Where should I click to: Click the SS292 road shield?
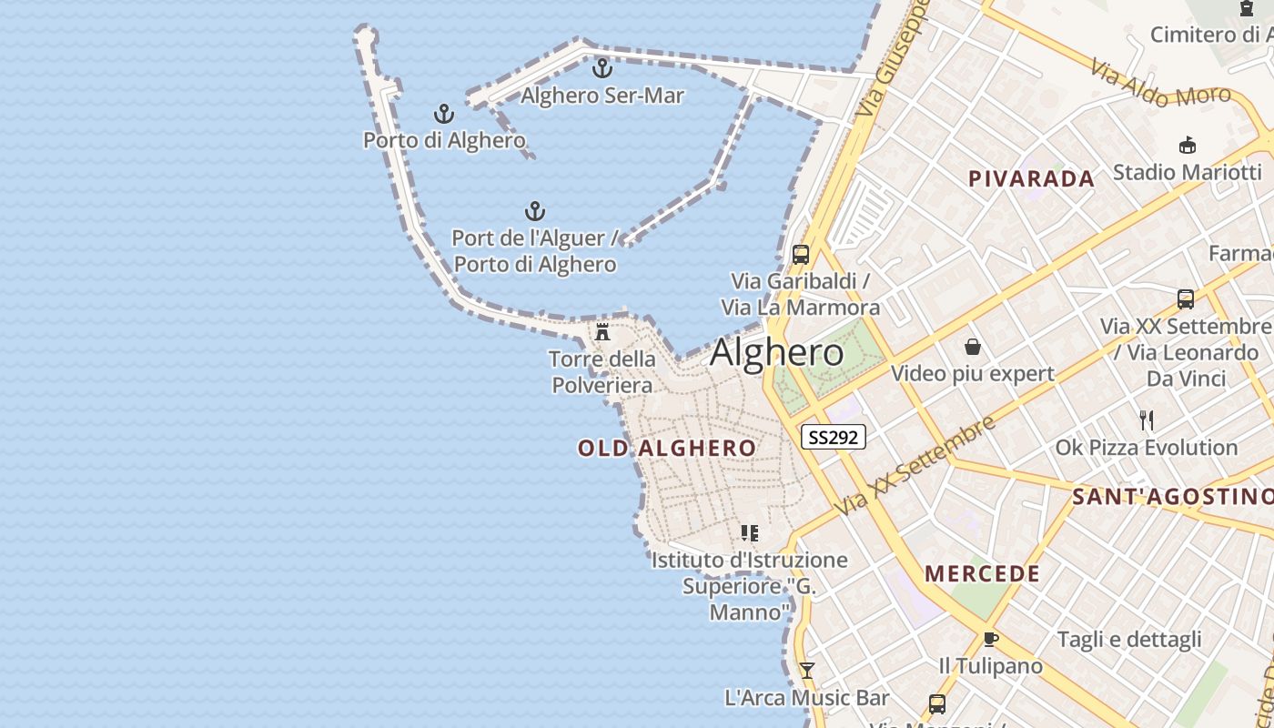pyautogui.click(x=833, y=437)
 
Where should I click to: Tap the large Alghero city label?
pyautogui.click(x=776, y=353)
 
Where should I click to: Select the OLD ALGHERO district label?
pyautogui.click(x=666, y=448)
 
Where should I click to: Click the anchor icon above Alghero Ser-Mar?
pyautogui.click(x=602, y=68)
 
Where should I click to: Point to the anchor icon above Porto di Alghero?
pyautogui.click(x=443, y=115)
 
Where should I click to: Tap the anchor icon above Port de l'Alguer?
pyautogui.click(x=535, y=212)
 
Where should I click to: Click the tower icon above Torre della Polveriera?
pyautogui.click(x=602, y=332)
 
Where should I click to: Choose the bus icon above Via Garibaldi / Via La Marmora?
pyautogui.click(x=801, y=255)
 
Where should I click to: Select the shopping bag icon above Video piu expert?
pyautogui.click(x=973, y=347)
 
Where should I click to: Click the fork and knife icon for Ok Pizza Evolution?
pyautogui.click(x=1147, y=420)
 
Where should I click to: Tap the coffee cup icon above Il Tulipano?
pyautogui.click(x=991, y=639)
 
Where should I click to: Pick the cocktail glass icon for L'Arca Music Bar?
pyautogui.click(x=806, y=671)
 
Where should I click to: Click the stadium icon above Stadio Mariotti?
pyautogui.click(x=1187, y=146)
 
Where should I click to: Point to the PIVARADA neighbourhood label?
pyautogui.click(x=1031, y=178)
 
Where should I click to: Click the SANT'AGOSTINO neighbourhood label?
pyautogui.click(x=1172, y=496)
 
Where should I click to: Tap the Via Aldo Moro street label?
pyautogui.click(x=1159, y=85)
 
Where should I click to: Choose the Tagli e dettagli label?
pyautogui.click(x=1128, y=640)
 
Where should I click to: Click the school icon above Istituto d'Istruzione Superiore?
pyautogui.click(x=749, y=533)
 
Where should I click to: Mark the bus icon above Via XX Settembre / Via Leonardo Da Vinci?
pyautogui.click(x=1185, y=298)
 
